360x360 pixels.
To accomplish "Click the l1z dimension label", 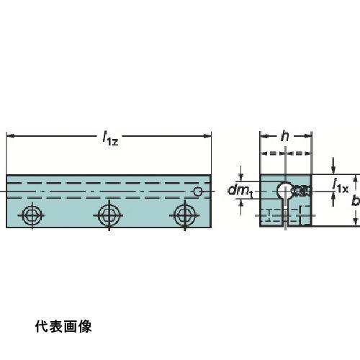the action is click(110, 138).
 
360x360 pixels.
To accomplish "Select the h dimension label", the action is click(285, 136).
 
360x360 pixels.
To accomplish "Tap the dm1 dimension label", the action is click(240, 191).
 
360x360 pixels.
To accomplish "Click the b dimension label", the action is click(356, 200).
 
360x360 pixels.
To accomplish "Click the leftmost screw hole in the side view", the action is click(32, 215).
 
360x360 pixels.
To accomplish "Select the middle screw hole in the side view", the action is click(109, 215).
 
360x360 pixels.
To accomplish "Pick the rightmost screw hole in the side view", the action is click(184, 215).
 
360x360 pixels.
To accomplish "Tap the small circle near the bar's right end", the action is click(198, 192).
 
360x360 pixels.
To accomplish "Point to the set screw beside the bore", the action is click(301, 190).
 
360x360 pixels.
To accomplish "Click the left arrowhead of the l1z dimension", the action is click(10, 136).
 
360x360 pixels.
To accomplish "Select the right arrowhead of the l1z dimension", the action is click(207, 136).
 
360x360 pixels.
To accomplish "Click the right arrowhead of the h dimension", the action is click(307, 136).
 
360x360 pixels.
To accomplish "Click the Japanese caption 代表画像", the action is click(63, 326).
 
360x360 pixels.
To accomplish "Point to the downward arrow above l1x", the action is click(333, 166).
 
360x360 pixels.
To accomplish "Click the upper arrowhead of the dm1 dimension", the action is click(241, 178).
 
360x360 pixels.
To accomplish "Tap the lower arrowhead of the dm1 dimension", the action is click(241, 203).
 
